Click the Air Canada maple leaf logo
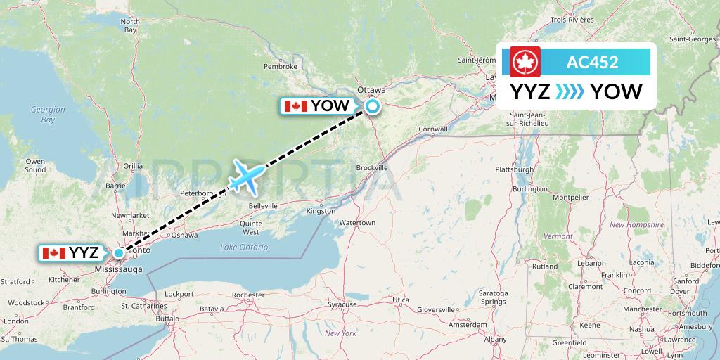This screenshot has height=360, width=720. [524, 62]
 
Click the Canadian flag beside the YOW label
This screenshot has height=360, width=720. [296, 106]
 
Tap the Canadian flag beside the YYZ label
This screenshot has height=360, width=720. [53, 253]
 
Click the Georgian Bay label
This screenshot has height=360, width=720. [48, 115]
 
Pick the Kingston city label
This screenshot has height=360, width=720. [321, 211]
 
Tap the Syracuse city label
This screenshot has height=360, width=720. [342, 304]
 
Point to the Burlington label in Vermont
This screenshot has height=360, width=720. [529, 189]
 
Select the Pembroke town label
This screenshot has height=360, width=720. [281, 66]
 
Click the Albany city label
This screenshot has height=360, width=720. [495, 339]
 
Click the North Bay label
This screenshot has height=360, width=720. [130, 26]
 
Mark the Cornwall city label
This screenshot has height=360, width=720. [432, 129]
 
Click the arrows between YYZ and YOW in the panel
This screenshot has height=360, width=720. [570, 92]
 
